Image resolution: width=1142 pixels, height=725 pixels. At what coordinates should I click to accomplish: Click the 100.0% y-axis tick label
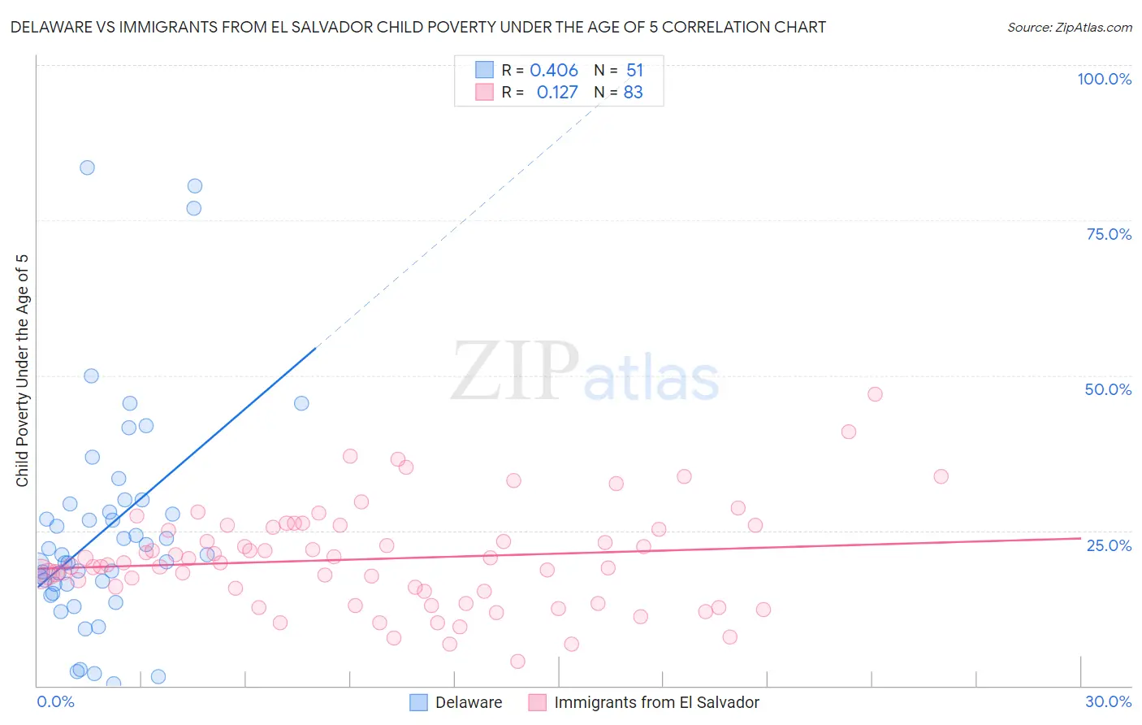[1104, 79]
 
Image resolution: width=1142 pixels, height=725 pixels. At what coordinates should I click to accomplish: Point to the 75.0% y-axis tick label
[1109, 234]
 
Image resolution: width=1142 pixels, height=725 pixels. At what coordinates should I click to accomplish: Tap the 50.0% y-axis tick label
[1108, 389]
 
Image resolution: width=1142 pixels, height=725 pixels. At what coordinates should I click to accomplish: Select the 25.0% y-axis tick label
[1109, 545]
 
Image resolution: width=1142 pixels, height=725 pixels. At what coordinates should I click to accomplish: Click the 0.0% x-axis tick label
[55, 701]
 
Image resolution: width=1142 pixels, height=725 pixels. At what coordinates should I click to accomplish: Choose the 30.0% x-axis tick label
[1108, 701]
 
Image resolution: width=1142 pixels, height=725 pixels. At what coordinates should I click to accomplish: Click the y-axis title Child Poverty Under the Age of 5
[23, 370]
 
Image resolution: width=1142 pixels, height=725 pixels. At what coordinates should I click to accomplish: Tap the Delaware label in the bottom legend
[469, 702]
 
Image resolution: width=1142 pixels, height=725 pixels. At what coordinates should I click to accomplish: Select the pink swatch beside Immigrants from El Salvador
[537, 702]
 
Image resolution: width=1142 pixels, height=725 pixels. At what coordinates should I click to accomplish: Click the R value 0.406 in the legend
[553, 71]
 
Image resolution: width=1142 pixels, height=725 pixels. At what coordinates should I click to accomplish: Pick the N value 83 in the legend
[633, 93]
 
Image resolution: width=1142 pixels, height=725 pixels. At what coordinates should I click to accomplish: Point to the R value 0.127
[557, 93]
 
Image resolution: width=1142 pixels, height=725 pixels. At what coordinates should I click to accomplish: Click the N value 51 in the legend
[634, 71]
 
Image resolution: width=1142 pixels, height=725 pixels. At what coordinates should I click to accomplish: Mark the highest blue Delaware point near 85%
[87, 167]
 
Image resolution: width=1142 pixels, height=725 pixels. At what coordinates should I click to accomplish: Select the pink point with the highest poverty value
[875, 394]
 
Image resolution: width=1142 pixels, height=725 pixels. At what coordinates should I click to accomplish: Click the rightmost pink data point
[941, 476]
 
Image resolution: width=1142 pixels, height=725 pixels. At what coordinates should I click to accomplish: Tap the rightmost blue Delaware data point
[301, 403]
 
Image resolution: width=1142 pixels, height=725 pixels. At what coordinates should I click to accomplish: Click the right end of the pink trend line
[1080, 538]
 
